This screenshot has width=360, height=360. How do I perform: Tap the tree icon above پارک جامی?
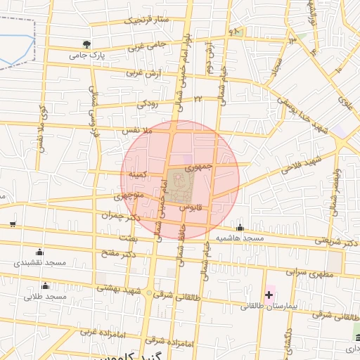[x=86, y=44]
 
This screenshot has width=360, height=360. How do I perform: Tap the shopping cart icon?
[x=13, y=224]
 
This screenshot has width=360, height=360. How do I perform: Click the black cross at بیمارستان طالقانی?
[x=269, y=293]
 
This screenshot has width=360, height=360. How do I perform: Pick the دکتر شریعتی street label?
[x=335, y=240]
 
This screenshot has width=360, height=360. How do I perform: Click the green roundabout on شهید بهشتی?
[x=147, y=293]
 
